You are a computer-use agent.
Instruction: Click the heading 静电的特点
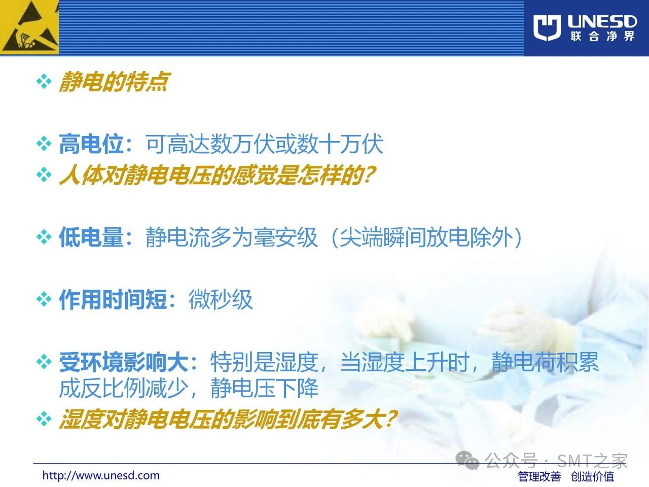114,82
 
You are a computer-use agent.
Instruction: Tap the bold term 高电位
91,144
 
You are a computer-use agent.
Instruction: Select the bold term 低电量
91,237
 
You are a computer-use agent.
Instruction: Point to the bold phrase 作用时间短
113,299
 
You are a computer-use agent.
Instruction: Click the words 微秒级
221,299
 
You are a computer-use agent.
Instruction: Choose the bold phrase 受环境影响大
123,362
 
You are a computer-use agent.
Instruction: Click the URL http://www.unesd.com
101,475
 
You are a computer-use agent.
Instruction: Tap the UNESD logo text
602,22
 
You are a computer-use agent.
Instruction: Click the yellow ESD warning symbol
29,27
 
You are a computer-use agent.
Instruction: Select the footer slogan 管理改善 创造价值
566,476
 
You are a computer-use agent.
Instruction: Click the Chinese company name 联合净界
602,37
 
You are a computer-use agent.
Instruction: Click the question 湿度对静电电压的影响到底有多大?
228,420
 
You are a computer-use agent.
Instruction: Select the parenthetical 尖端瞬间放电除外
426,237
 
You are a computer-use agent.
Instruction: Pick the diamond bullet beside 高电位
44,144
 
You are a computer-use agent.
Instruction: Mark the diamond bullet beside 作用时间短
44,299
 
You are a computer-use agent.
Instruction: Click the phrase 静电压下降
264,388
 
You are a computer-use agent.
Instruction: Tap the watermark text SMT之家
592,461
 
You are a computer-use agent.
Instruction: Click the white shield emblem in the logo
547,28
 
